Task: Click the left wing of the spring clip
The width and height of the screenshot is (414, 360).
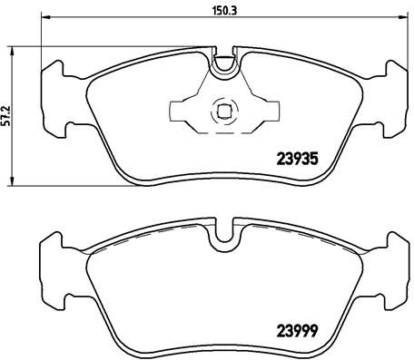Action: [183, 112]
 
